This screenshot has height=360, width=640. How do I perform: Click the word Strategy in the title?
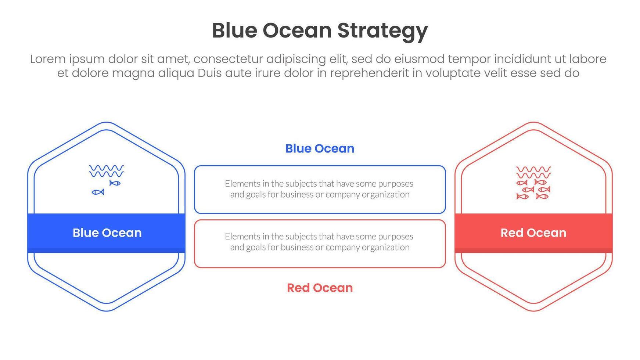[x=382, y=31]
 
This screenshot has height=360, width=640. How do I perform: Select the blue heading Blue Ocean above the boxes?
[x=320, y=148]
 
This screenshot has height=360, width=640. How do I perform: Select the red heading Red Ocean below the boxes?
[x=320, y=288]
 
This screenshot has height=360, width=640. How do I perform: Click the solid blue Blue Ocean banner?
[x=107, y=233]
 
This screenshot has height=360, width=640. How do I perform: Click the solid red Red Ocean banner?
[x=533, y=233]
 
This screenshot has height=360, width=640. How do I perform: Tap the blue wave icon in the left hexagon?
[x=106, y=171]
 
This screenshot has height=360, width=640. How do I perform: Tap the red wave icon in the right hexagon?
[x=533, y=172]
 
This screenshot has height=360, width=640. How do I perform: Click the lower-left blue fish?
[x=98, y=192]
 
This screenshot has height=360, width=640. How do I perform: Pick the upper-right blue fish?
[x=115, y=183]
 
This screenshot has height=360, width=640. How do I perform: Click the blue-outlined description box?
[x=320, y=190]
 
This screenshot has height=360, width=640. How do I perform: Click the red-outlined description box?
[x=320, y=244]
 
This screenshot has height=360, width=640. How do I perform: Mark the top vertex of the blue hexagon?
[x=107, y=123]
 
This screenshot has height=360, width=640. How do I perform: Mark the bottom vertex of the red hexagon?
[x=533, y=311]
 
